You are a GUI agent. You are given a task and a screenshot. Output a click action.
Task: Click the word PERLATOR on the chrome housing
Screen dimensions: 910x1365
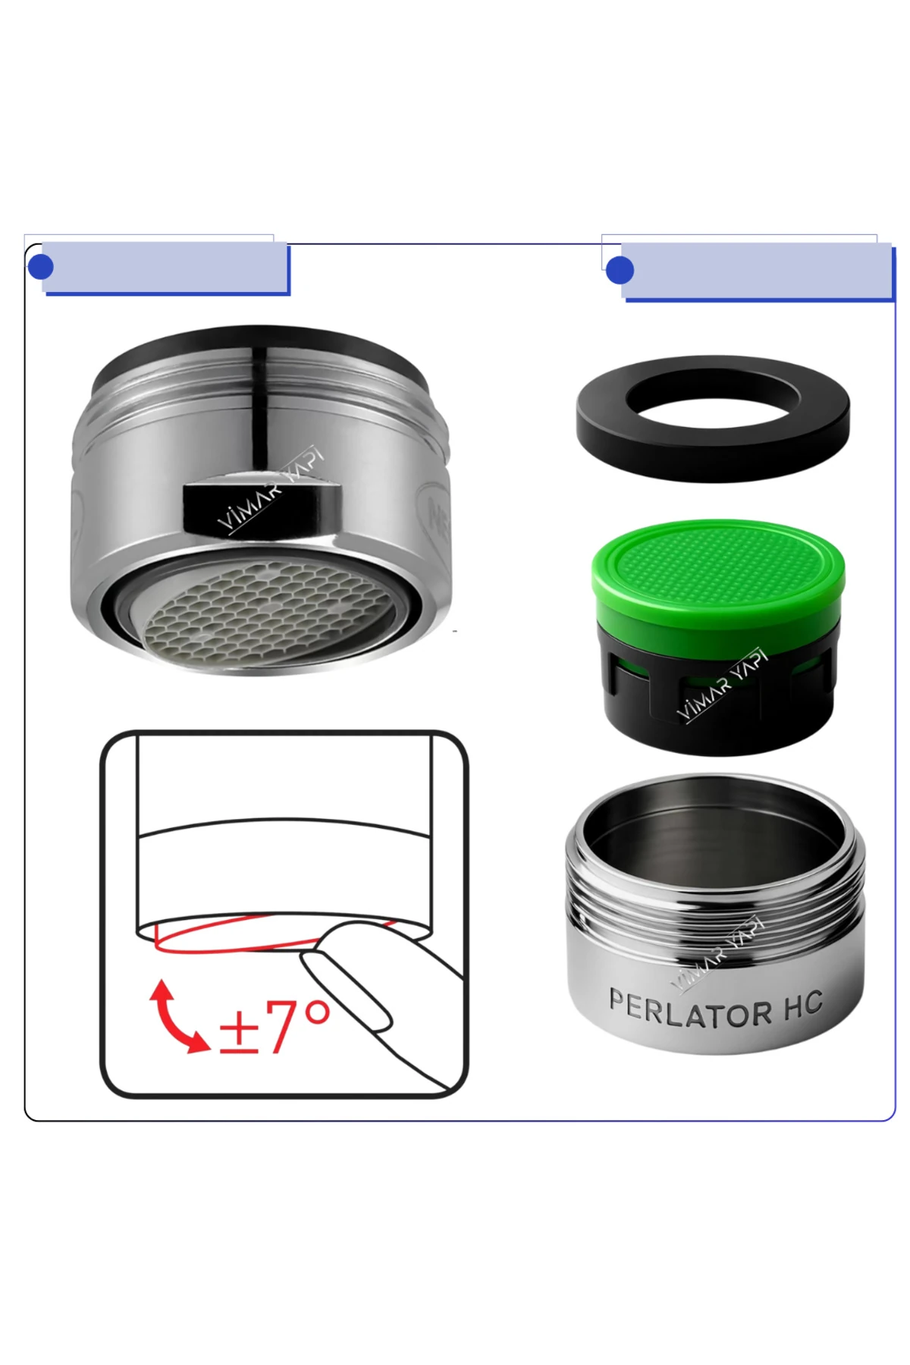point(690,1009)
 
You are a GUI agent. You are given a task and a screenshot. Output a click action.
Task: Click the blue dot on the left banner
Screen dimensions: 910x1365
point(40,267)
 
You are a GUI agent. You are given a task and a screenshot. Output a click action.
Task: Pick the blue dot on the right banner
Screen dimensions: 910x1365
point(620,271)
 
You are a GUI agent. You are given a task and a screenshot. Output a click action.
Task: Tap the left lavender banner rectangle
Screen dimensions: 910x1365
point(165,267)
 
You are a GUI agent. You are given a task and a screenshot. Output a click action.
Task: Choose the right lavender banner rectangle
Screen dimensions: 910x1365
point(757,271)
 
